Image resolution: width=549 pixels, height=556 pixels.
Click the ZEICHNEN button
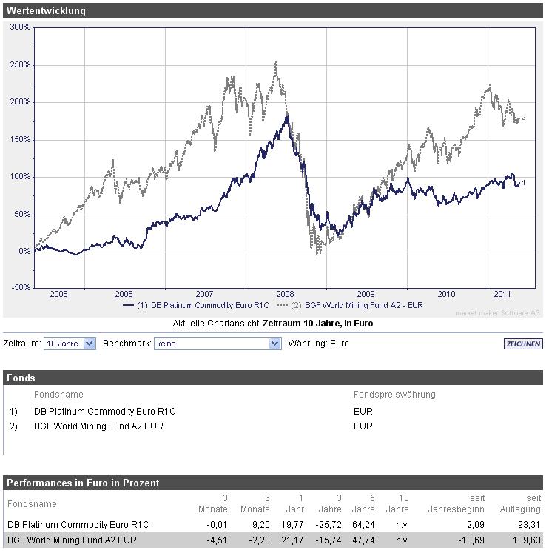point(522,344)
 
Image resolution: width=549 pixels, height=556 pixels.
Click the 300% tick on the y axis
point(20,27)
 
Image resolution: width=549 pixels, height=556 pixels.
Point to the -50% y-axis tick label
point(20,288)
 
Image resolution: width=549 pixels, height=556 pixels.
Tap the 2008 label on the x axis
point(285,294)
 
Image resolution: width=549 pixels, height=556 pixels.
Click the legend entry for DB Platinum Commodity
point(198,305)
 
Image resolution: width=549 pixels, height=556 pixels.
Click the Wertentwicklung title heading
point(46,11)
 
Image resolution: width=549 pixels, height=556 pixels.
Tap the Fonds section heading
point(21,378)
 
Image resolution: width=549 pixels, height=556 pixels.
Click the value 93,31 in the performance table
point(528,525)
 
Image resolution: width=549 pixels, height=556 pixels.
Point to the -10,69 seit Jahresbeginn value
point(470,540)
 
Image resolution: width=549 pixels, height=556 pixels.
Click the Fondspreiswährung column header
point(394,395)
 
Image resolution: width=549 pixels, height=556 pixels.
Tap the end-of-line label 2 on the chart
point(523,118)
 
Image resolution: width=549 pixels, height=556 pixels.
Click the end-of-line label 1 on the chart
point(524,182)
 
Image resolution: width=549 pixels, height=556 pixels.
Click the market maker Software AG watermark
point(499,313)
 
